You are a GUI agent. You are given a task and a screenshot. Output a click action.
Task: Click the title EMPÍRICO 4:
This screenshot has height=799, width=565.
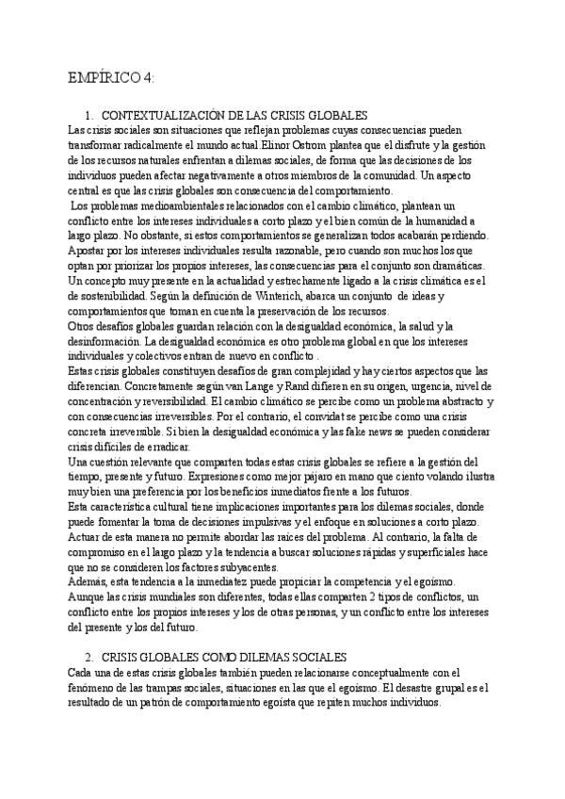[112, 76]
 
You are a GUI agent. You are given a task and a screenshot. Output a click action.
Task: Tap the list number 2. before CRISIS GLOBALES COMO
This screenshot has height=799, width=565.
[89, 656]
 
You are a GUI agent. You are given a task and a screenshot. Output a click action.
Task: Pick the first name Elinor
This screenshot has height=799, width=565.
[249, 145]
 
